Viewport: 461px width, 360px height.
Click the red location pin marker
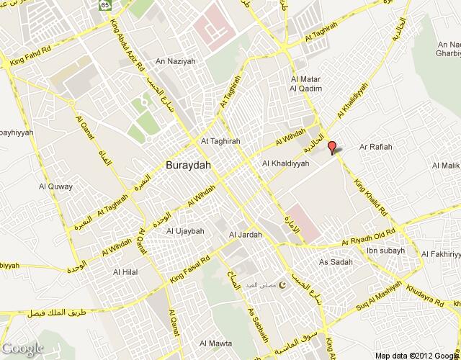(332, 148)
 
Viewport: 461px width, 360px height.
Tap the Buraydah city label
(189, 163)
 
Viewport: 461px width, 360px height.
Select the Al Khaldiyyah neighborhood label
(286, 164)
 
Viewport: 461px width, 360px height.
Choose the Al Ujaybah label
(185, 231)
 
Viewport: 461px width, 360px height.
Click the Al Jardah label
(243, 235)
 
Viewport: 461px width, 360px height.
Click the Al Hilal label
(126, 272)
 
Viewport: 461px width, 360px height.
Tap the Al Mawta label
(216, 343)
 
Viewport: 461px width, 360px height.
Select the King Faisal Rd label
(190, 267)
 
